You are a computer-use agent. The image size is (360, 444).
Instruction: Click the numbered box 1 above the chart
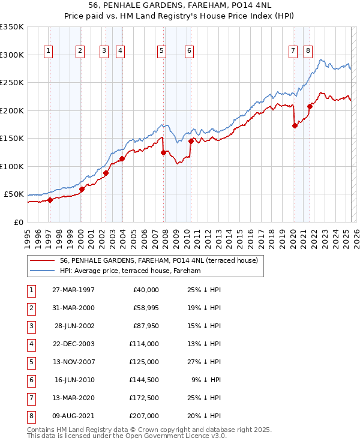tap(48, 52)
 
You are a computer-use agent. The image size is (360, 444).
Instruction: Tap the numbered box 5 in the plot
tap(162, 52)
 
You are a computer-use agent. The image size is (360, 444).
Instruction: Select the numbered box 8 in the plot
tap(308, 52)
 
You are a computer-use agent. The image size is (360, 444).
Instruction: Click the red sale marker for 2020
tap(295, 126)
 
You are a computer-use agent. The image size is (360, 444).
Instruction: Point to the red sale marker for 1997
tap(50, 200)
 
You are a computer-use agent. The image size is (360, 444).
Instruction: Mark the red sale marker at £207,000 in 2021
tap(310, 107)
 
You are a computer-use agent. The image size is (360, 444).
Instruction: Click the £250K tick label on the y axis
tap(11, 83)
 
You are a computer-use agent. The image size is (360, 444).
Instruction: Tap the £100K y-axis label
tap(11, 166)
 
